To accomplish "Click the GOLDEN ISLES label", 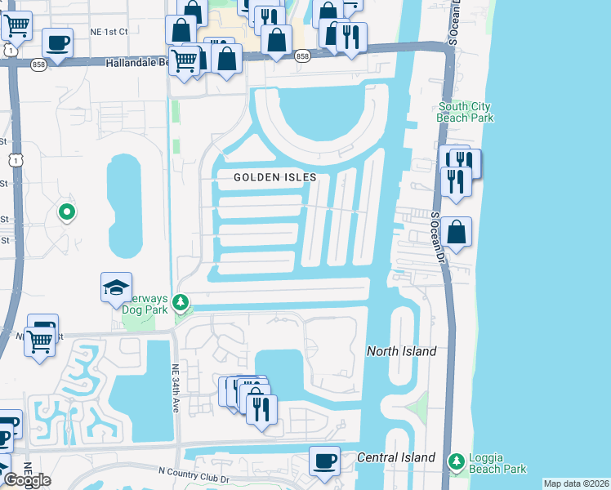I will [x=274, y=177].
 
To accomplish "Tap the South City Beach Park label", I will [x=466, y=112].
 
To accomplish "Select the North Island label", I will [x=401, y=351].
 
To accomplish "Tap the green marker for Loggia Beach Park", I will [x=456, y=464].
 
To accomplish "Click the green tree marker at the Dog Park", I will [x=181, y=303].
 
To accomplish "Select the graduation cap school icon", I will [x=116, y=287].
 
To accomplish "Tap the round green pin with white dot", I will [x=67, y=212].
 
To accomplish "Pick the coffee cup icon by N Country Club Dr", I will [x=324, y=461].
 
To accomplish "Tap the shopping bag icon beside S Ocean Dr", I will [x=458, y=231].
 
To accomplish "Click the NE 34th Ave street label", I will [x=175, y=380].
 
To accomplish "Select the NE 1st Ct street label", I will [x=110, y=32].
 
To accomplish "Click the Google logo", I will [x=27, y=479].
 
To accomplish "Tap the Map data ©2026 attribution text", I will [x=576, y=483].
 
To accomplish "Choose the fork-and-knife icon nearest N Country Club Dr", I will [x=261, y=408].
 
